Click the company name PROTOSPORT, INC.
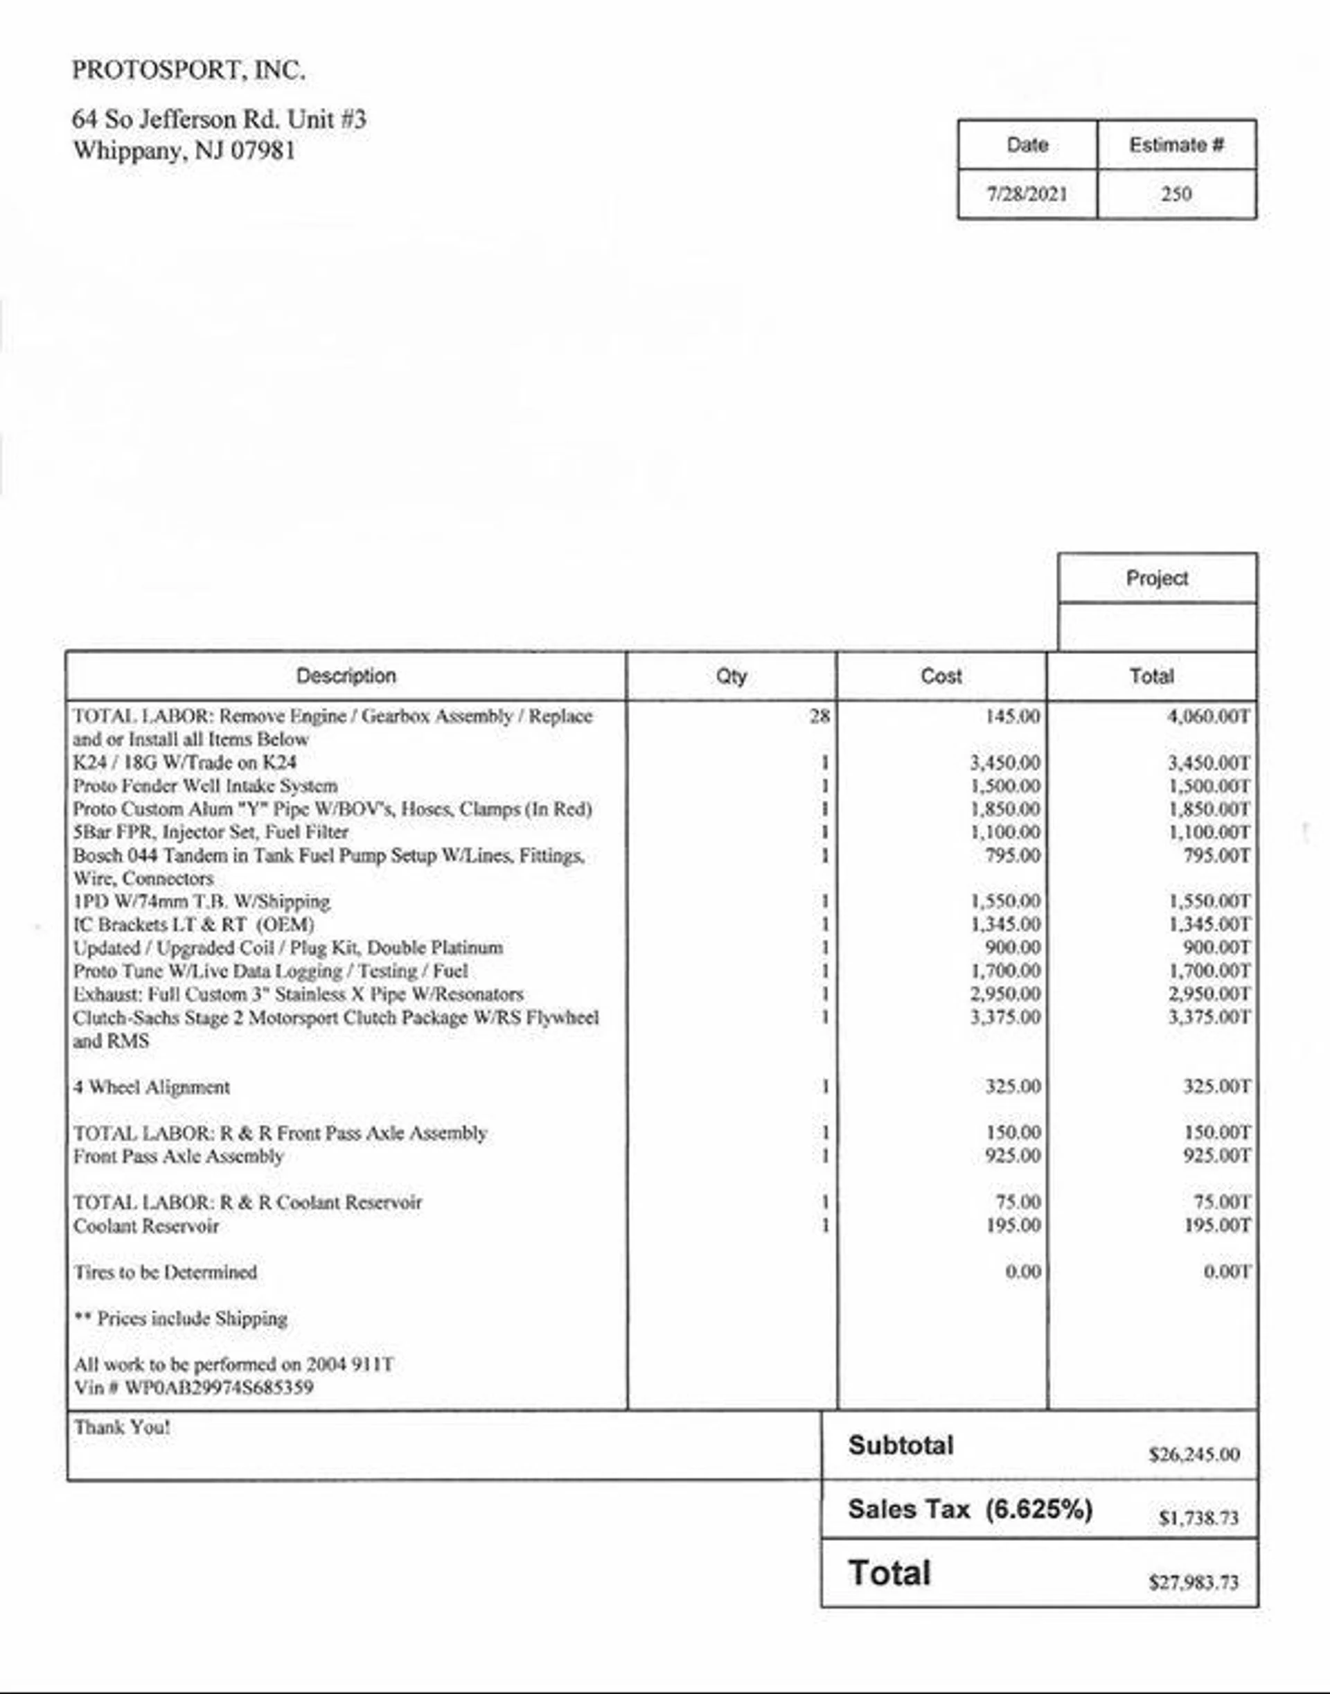(188, 71)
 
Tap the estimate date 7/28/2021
(1027, 194)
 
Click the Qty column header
(731, 676)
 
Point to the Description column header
(346, 676)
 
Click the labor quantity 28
(819, 716)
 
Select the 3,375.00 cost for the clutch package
(1005, 1017)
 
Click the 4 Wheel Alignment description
(152, 1087)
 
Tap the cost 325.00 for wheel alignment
(1013, 1086)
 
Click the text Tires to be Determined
(165, 1273)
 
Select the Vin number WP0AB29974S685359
(219, 1388)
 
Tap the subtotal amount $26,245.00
(1194, 1455)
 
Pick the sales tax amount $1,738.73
(1198, 1518)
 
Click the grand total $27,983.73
(1194, 1582)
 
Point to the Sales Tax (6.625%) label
(970, 1510)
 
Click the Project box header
(1157, 579)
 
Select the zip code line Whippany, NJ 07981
(184, 150)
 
